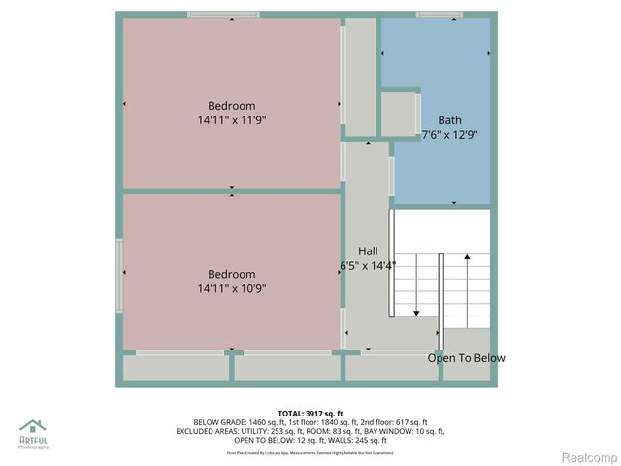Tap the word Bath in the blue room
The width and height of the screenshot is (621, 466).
tap(449, 120)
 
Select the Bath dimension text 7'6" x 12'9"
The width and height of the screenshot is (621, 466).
tap(449, 135)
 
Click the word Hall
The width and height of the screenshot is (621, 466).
tap(368, 250)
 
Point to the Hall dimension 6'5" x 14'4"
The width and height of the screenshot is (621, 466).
tap(368, 265)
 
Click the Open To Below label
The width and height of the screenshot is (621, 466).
tap(467, 358)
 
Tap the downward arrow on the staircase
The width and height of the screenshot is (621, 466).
tap(416, 311)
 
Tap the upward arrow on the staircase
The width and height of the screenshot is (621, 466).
tap(468, 258)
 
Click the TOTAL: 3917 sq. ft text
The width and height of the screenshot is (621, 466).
tap(310, 412)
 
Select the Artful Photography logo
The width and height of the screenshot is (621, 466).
tap(34, 433)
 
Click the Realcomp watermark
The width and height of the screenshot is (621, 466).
tap(589, 456)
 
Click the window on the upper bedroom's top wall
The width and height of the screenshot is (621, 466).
tap(223, 15)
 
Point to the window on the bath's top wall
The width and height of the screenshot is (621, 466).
tap(439, 15)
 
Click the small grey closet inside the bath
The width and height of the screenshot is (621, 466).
tap(398, 115)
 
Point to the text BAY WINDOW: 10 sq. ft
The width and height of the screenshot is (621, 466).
tap(405, 431)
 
